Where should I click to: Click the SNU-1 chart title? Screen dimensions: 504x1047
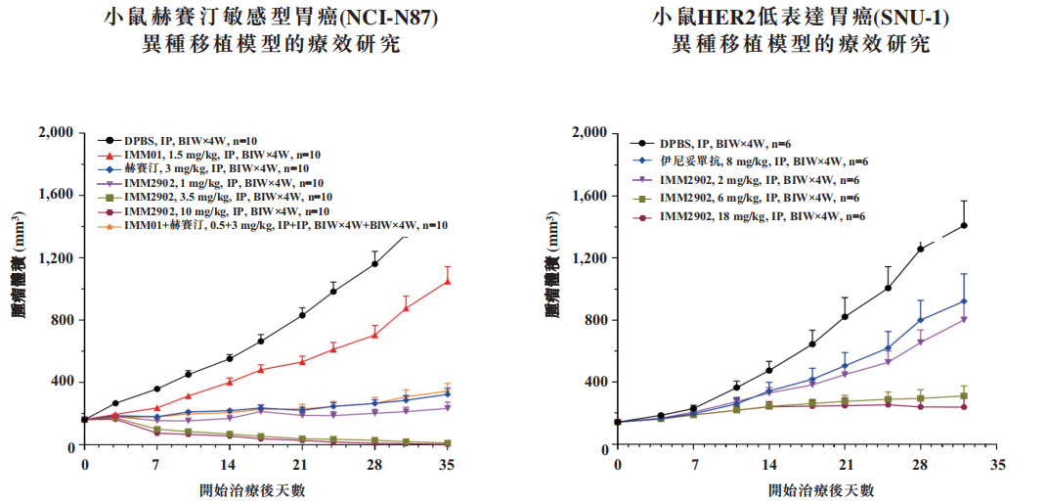(801, 19)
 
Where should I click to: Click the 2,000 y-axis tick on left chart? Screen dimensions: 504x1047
(58, 133)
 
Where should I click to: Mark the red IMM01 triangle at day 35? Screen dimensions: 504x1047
(448, 281)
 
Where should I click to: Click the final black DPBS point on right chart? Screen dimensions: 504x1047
(963, 225)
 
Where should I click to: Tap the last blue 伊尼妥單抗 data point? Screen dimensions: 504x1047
(963, 301)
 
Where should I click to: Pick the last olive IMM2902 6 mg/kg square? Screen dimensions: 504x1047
(963, 395)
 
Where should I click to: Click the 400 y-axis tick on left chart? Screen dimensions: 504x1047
(65, 382)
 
